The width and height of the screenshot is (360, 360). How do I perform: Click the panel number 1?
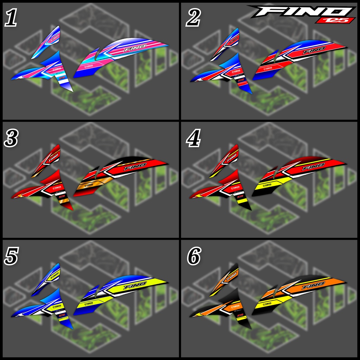pyautogui.click(x=11, y=18)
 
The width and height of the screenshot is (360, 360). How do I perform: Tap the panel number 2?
pyautogui.click(x=193, y=18)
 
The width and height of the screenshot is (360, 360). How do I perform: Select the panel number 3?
pyautogui.click(x=11, y=139)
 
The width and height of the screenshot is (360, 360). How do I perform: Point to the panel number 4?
pyautogui.click(x=193, y=139)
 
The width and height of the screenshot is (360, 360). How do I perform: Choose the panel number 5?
pyautogui.click(x=11, y=257)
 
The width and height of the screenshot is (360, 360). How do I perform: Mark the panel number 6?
pyautogui.click(x=193, y=257)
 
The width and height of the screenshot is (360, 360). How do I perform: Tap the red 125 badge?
pyautogui.click(x=335, y=20)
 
